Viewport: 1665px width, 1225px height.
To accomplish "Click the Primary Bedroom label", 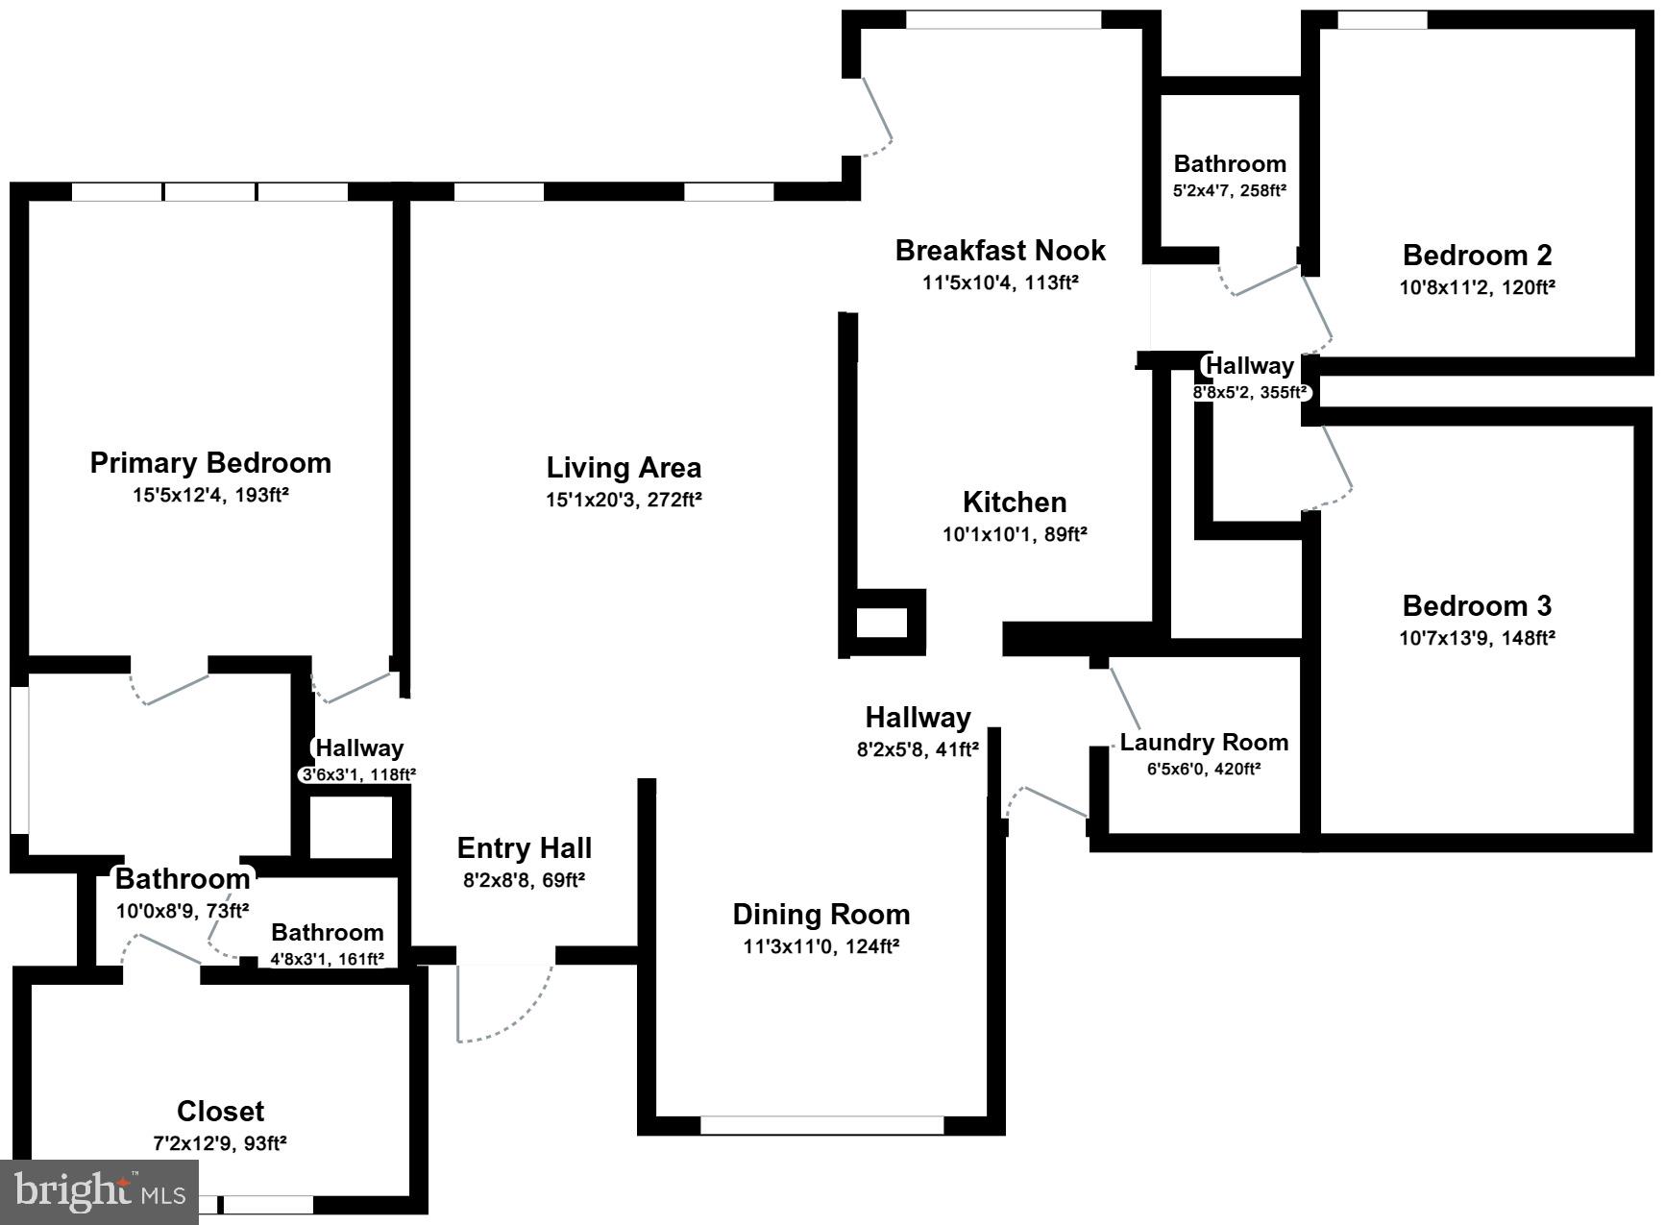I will (x=210, y=463).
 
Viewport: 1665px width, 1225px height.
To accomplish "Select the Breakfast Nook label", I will (x=1000, y=251).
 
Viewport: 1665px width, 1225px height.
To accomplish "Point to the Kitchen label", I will (x=1015, y=502).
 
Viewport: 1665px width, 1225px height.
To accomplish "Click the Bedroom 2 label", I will (x=1477, y=256).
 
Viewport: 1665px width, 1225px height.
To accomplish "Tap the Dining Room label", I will (x=820, y=914).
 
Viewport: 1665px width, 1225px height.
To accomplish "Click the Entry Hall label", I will (x=524, y=848).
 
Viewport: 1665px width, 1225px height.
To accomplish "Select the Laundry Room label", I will (x=1204, y=743).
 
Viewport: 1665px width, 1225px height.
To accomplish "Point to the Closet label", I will (x=220, y=1112).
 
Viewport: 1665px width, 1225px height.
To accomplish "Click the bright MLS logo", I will (x=100, y=1192).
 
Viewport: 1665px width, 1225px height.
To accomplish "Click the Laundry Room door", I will (x=1125, y=698).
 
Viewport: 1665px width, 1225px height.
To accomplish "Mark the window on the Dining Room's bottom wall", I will (x=821, y=1125).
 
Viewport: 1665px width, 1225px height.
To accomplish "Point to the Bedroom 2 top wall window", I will (x=1382, y=20).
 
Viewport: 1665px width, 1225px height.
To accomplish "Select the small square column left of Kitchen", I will (x=881, y=623).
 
